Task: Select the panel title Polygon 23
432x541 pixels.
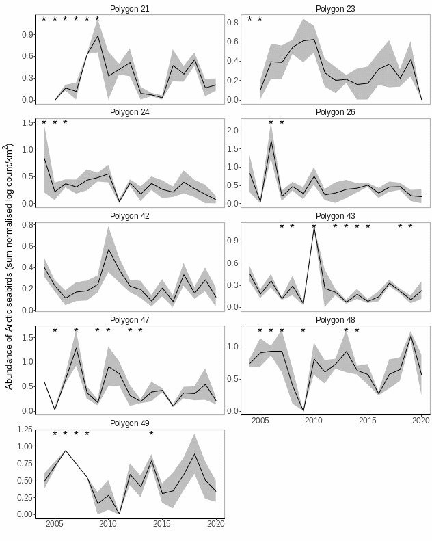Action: tap(335, 9)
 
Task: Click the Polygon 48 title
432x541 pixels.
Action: tap(335, 319)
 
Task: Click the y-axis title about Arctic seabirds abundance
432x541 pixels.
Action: tap(9, 267)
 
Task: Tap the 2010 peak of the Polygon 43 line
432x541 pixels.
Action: tap(314, 226)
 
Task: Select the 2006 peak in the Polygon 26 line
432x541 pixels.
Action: tap(271, 141)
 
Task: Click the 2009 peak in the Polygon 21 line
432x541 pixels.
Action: tap(98, 36)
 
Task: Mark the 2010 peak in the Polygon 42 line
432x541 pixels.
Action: tap(108, 249)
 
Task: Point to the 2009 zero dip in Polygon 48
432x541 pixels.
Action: tap(303, 410)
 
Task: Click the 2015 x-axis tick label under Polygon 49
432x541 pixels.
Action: tap(162, 524)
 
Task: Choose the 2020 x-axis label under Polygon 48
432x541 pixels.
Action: tap(421, 420)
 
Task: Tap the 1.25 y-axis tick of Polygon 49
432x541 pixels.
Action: tap(24, 430)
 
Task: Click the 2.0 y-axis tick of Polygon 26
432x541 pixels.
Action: tap(234, 130)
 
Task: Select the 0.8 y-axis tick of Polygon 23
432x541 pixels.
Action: tap(234, 23)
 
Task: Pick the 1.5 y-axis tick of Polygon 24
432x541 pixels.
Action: tap(29, 123)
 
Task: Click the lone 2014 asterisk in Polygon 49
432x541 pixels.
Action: tap(151, 434)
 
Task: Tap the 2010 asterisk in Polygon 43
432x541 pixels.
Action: tap(314, 227)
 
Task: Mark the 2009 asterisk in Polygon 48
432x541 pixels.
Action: tap(303, 331)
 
